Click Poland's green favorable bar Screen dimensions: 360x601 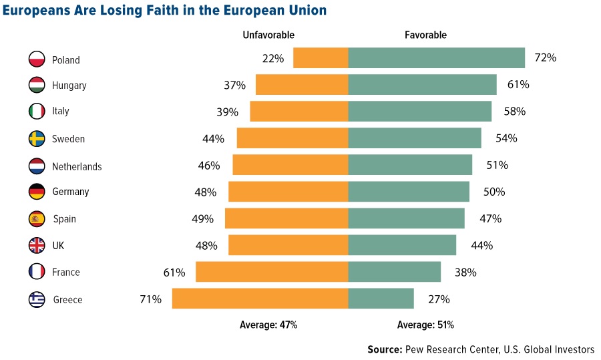436,58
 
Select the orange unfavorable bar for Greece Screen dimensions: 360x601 260,299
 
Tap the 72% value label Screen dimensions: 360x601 545,58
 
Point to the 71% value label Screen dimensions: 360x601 150,299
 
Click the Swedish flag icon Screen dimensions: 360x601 37,139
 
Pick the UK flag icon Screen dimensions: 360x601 37,245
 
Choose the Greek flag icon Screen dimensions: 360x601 37,299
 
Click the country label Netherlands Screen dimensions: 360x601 77,166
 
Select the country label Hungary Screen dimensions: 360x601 69,85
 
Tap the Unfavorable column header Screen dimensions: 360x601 267,35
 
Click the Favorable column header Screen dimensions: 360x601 425,35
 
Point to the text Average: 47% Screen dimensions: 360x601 268,325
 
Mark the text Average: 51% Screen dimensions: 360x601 425,325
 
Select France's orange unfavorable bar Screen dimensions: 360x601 272,272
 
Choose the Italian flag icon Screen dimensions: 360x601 37,112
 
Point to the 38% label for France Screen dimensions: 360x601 465,273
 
